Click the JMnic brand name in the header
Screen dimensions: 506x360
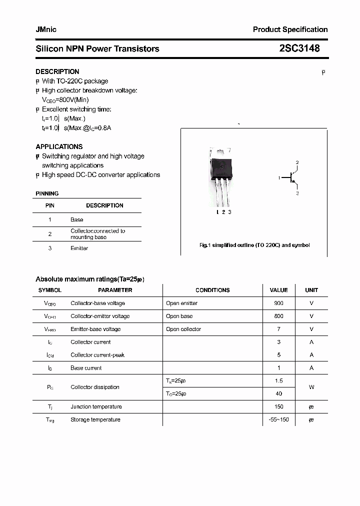(46, 29)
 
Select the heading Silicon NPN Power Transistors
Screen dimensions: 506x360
(97, 48)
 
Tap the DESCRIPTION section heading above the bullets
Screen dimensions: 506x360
(57, 71)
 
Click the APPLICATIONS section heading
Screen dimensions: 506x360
(59, 146)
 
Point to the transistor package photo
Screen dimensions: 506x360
(221, 177)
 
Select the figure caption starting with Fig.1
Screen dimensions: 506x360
(254, 245)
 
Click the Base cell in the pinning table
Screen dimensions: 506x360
(77, 219)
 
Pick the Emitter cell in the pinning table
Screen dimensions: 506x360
(79, 248)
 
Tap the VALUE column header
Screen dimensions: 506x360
(278, 290)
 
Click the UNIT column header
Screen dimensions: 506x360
(311, 290)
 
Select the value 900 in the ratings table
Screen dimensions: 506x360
(278, 303)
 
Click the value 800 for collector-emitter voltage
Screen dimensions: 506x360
(278, 316)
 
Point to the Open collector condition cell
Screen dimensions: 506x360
(183, 329)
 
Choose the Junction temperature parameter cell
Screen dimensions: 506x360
(96, 406)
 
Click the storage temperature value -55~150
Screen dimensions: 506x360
(278, 419)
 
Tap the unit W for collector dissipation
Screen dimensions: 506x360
(311, 387)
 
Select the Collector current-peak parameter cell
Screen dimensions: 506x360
(97, 355)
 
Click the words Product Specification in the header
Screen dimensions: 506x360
(290, 29)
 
